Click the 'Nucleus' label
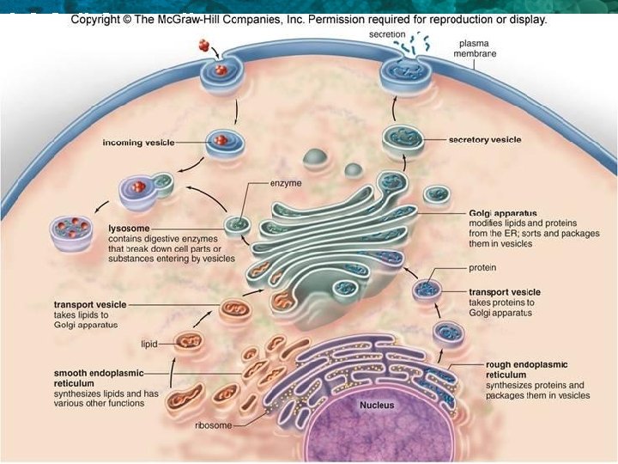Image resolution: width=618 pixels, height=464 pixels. (x=377, y=405)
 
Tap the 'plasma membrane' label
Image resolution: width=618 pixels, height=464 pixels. (x=477, y=47)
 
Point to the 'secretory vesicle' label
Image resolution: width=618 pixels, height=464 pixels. (x=485, y=139)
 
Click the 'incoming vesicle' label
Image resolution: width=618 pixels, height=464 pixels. (x=136, y=142)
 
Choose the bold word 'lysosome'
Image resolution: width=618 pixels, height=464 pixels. (x=129, y=228)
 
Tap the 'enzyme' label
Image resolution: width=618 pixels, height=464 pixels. (x=287, y=184)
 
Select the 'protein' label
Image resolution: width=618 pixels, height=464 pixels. (x=484, y=266)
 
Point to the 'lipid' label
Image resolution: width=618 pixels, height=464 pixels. (x=151, y=344)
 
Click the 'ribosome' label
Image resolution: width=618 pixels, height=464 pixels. (x=214, y=424)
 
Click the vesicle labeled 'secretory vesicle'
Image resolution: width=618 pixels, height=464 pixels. (x=400, y=138)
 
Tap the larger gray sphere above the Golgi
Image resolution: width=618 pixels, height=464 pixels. (x=315, y=158)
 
